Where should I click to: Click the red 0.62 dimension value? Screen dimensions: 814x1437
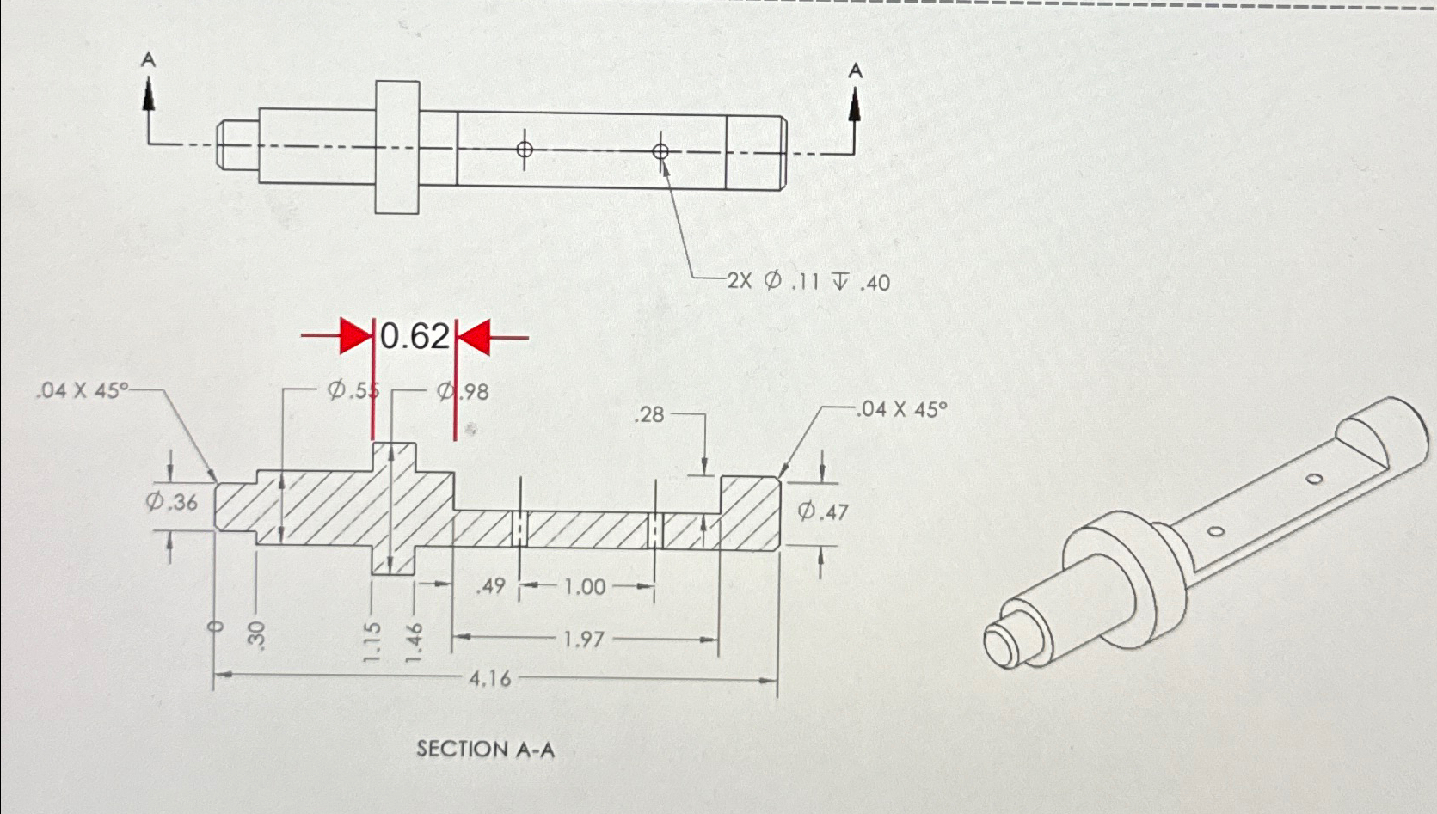[415, 336]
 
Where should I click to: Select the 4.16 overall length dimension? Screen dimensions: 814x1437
[489, 679]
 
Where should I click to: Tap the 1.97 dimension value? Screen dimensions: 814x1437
[583, 640]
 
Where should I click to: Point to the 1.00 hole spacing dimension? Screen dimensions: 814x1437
[585, 587]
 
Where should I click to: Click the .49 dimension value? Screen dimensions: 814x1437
[490, 587]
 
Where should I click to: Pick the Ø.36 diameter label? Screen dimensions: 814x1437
[170, 502]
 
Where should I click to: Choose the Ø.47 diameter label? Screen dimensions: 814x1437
[822, 512]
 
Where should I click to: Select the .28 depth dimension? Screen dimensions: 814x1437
[648, 415]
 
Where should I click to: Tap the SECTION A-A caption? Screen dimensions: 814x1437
[486, 750]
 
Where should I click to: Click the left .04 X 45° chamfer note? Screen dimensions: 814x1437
[81, 391]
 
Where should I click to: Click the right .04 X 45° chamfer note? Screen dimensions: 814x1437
[900, 409]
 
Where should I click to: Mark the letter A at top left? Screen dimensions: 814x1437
[149, 59]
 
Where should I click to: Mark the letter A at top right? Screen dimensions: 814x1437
[854, 70]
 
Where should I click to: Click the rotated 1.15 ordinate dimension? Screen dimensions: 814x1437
[372, 641]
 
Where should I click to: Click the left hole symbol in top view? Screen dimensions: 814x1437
[524, 150]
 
